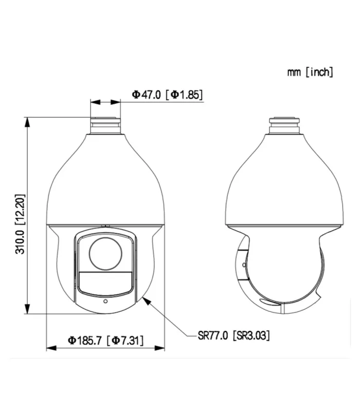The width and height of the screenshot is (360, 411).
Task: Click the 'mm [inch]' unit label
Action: [310, 72]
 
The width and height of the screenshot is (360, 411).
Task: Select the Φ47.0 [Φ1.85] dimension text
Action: [167, 95]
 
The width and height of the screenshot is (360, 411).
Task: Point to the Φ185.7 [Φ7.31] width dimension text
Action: [106, 340]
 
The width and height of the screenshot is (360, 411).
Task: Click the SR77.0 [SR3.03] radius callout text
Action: [234, 335]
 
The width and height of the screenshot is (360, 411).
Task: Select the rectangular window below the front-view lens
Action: [105, 283]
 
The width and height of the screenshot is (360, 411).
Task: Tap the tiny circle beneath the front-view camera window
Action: [105, 302]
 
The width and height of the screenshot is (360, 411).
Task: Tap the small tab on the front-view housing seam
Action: [105, 225]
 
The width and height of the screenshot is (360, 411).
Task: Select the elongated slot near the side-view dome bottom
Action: [267, 302]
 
